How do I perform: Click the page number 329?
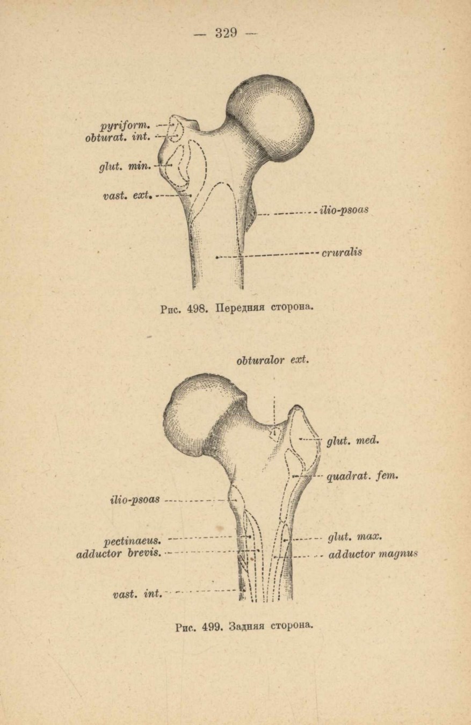226,33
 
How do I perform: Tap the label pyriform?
125,125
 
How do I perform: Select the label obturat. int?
118,137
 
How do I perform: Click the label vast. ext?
127,195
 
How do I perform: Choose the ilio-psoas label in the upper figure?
344,210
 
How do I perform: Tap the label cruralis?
342,252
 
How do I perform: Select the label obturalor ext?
273,360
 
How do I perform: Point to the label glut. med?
352,440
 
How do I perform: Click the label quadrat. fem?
362,476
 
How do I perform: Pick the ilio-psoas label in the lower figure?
135,499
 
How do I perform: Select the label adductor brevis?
119,554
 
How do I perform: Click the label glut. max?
355,536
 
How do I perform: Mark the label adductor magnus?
373,554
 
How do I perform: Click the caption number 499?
212,627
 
